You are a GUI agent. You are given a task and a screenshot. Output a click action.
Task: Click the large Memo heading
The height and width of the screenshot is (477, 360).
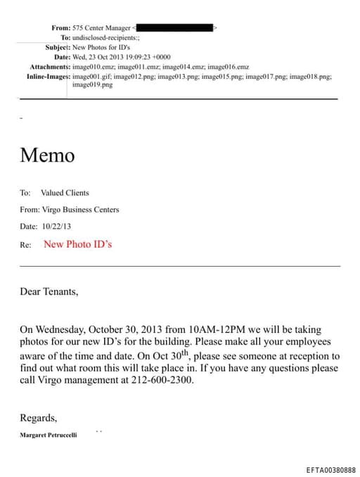click(x=47, y=155)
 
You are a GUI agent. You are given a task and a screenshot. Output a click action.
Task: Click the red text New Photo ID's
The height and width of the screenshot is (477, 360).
click(x=77, y=244)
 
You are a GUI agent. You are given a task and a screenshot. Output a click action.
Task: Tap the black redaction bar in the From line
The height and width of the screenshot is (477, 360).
click(x=176, y=27)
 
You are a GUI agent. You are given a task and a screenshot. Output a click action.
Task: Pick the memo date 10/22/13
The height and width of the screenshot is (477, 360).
click(x=56, y=227)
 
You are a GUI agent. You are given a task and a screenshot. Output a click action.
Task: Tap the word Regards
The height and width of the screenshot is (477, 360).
click(x=38, y=417)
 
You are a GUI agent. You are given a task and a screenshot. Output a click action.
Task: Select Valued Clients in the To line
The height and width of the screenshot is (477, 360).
click(x=65, y=193)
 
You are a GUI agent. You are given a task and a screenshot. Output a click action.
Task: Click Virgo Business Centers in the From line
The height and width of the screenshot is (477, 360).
click(x=81, y=210)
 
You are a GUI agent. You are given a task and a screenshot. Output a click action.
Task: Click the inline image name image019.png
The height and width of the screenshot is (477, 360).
click(x=92, y=84)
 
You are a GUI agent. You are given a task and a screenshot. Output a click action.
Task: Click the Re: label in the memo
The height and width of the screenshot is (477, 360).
click(x=26, y=245)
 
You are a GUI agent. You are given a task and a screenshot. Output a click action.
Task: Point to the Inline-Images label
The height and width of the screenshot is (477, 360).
click(x=48, y=75)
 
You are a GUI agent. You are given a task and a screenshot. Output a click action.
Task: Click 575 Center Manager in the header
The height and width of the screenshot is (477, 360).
click(x=101, y=27)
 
